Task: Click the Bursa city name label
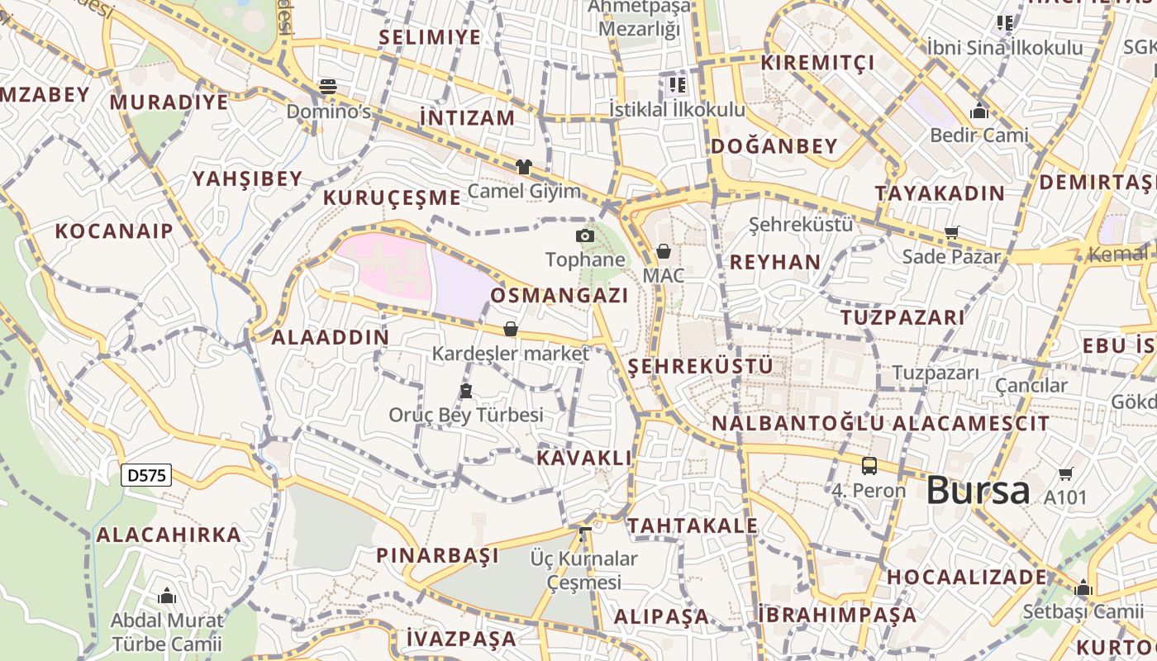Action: tap(978, 491)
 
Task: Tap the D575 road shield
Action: tap(146, 475)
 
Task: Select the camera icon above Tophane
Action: tap(585, 236)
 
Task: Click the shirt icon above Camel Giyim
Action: tap(523, 167)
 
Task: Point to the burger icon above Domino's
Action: tap(328, 86)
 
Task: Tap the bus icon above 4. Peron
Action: tap(869, 466)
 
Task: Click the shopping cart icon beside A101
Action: tap(1065, 474)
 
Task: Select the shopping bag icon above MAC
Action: tap(663, 251)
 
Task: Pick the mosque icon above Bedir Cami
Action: tap(979, 110)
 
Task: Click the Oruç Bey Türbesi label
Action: tap(466, 415)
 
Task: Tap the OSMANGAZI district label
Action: tap(559, 296)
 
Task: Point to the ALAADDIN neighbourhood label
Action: tap(331, 337)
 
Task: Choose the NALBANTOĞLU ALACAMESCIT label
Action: tap(880, 424)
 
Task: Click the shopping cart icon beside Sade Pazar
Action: tap(952, 233)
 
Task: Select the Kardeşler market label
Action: tap(511, 354)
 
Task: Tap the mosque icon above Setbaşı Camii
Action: tap(1083, 588)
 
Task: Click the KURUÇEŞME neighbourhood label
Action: tap(392, 197)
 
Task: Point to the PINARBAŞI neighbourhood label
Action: tap(437, 555)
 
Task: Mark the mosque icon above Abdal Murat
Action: tap(167, 596)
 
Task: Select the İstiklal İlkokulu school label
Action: tap(677, 109)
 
